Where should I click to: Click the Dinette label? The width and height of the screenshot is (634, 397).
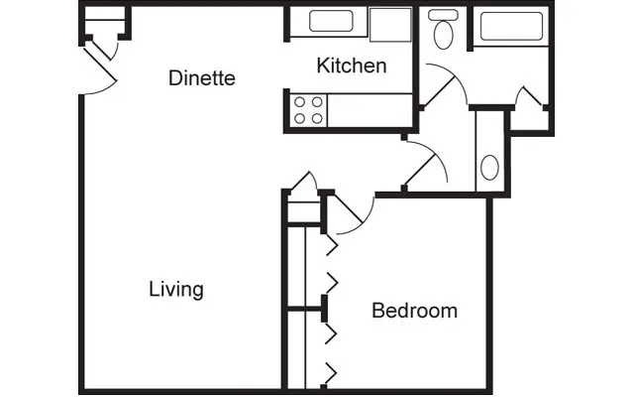pyautogui.click(x=202, y=77)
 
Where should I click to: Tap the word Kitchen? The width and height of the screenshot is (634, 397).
pyautogui.click(x=351, y=66)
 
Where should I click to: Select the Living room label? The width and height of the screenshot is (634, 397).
pyautogui.click(x=176, y=290)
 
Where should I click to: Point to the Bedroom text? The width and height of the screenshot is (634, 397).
pyautogui.click(x=414, y=311)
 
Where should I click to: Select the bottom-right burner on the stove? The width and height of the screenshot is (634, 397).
pyautogui.click(x=318, y=117)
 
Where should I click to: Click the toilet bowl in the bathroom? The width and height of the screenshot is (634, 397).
pyautogui.click(x=442, y=38)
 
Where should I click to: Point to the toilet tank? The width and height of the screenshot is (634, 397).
pyautogui.click(x=442, y=17)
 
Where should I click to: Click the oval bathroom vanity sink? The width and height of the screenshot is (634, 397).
pyautogui.click(x=490, y=166)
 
